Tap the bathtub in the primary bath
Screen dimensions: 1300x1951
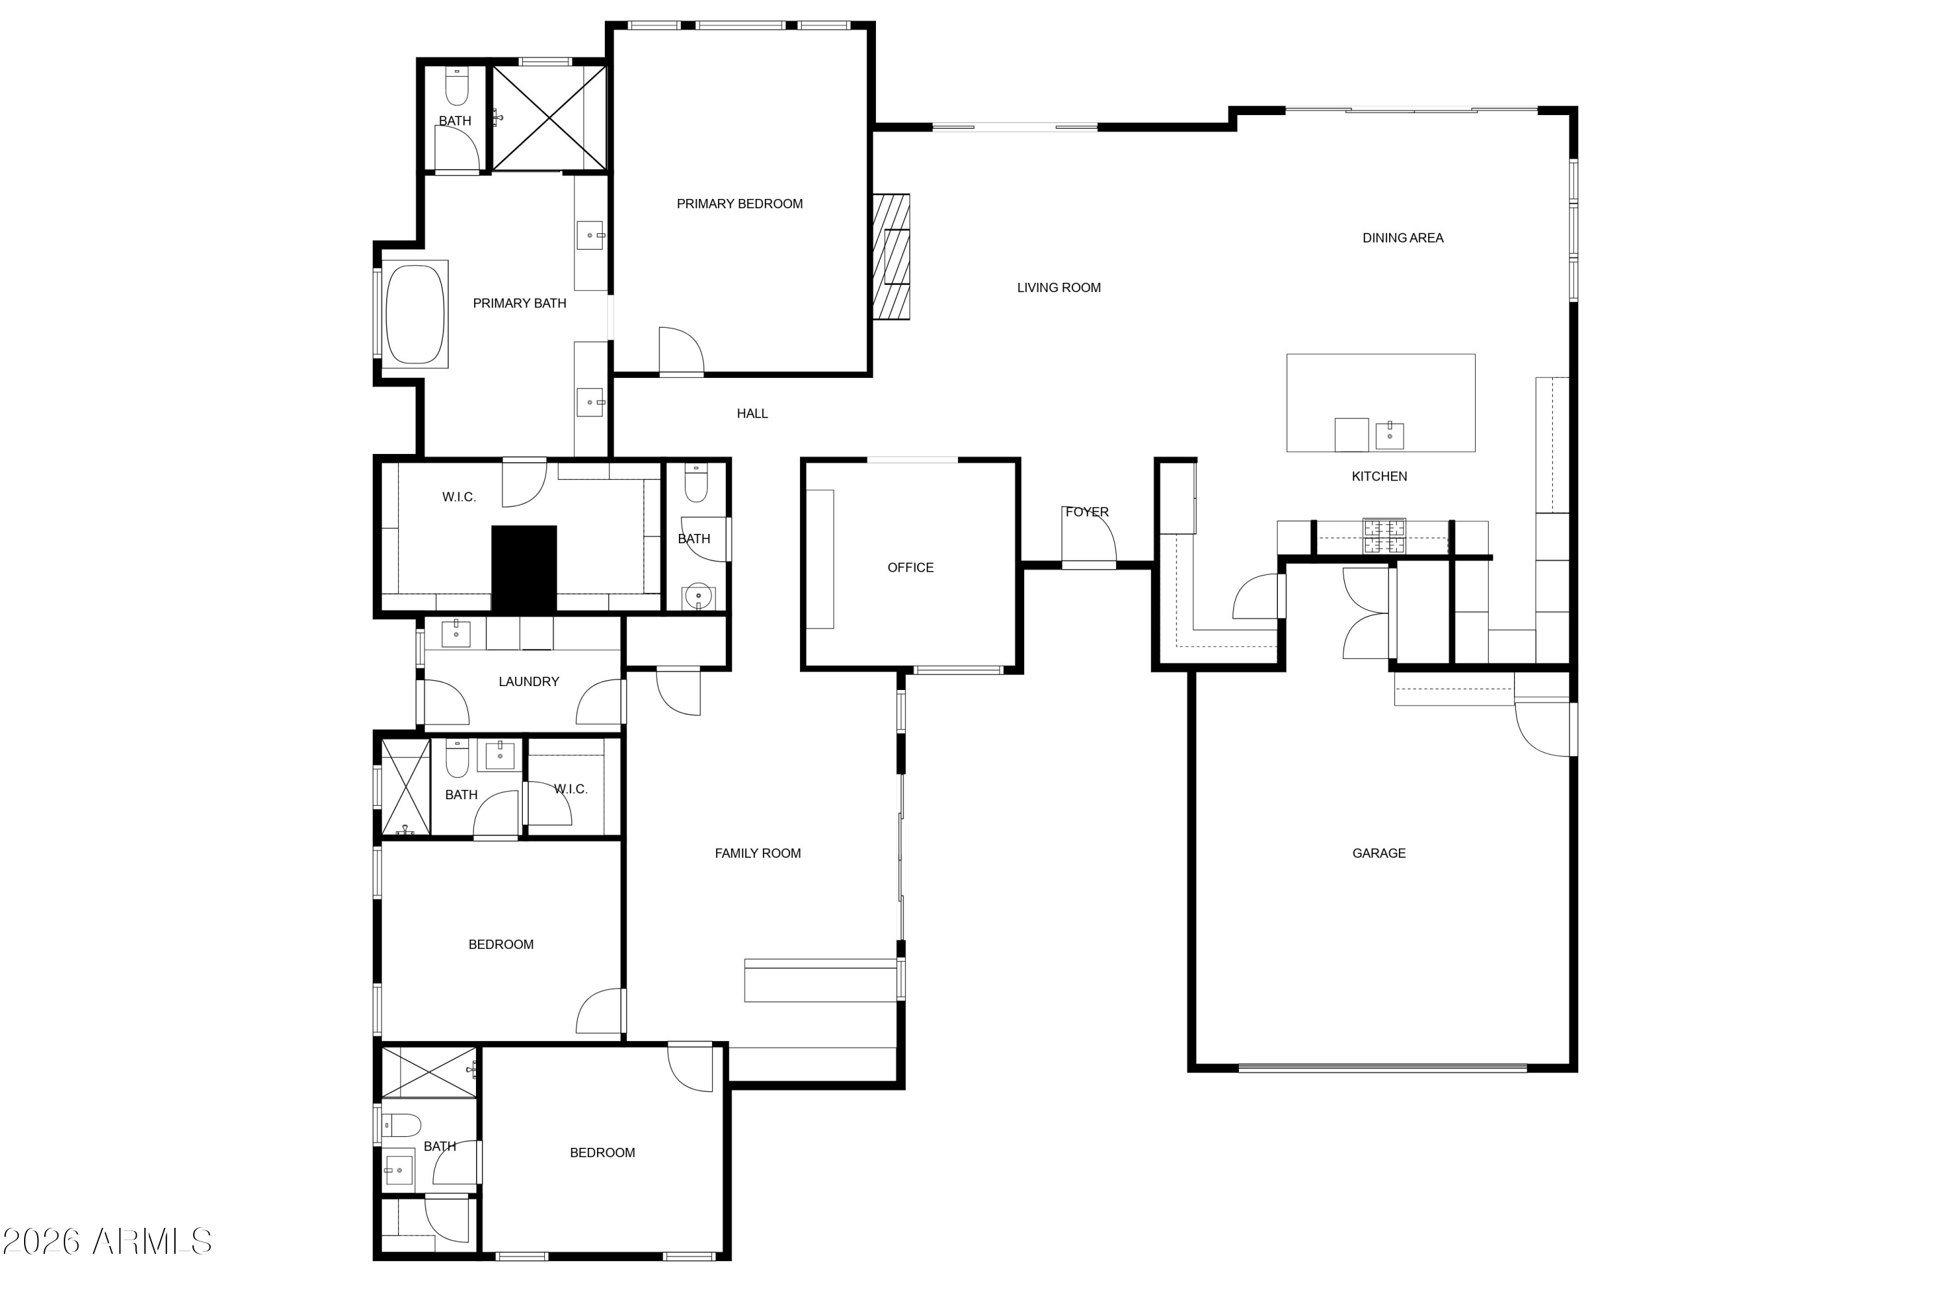point(414,314)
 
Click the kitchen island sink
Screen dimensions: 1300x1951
point(1389,434)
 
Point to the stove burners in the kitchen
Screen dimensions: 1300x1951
point(1384,536)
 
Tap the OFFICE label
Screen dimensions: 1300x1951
point(910,568)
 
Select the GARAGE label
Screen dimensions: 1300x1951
point(1378,853)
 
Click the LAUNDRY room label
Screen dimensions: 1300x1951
point(528,682)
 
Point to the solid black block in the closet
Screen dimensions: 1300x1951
point(524,570)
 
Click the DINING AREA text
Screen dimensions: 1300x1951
point(1402,238)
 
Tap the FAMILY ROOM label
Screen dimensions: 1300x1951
point(757,853)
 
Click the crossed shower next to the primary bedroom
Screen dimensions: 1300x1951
point(549,118)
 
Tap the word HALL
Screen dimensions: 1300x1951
point(752,414)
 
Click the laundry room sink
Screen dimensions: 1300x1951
point(455,634)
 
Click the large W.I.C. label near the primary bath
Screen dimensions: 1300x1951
point(458,497)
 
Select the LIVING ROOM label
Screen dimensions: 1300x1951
point(1058,287)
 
